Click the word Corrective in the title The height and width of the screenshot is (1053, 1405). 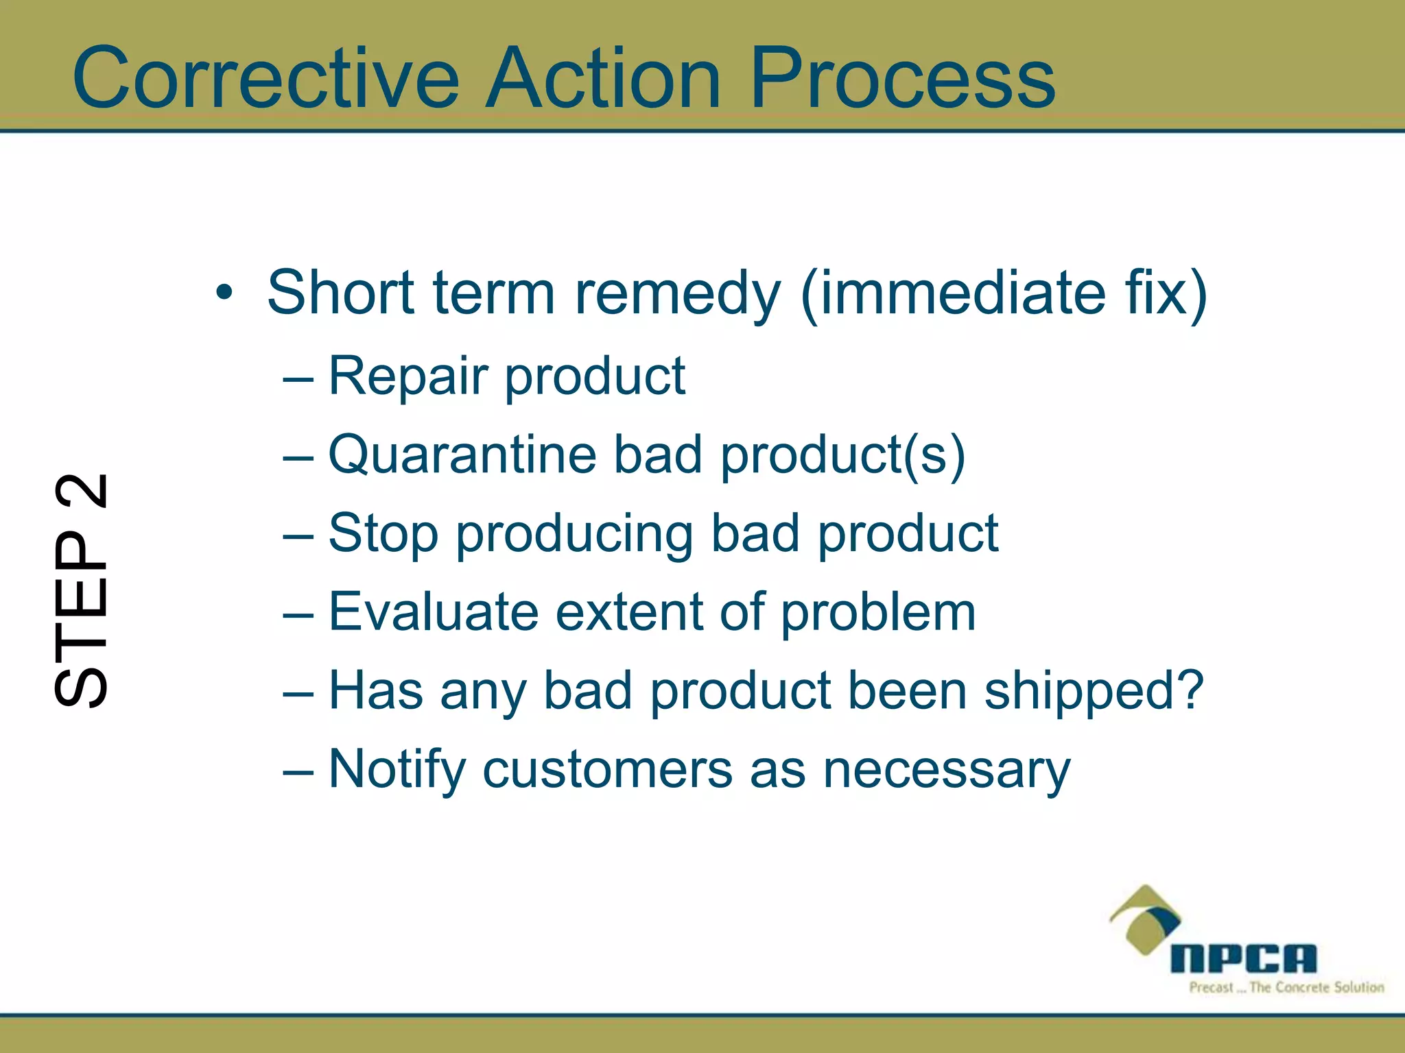coord(265,78)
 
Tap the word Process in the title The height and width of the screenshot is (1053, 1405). coord(902,78)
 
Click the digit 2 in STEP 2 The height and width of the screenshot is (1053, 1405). coord(81,492)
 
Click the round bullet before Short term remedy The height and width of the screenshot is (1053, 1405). coord(224,293)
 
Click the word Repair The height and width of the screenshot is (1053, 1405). coord(412,376)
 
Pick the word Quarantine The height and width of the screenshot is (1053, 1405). coord(462,455)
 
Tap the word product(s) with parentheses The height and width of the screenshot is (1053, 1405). coord(842,455)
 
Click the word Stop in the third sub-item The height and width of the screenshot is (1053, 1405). coord(383,534)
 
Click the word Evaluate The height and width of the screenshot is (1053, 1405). coord(434,612)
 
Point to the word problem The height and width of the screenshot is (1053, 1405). coord(878,613)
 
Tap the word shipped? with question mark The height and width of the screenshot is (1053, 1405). coord(1094,691)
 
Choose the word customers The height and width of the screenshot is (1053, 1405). coord(608,770)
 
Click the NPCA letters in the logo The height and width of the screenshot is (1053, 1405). coord(1243,958)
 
